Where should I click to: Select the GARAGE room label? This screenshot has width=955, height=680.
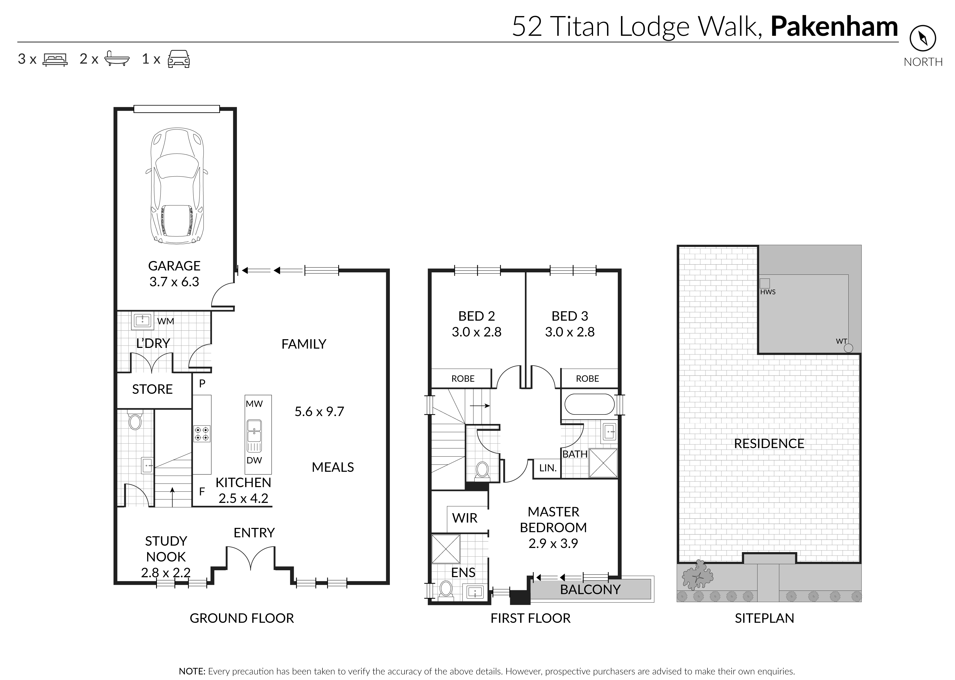(x=174, y=266)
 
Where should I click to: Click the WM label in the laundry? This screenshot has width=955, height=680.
(x=166, y=321)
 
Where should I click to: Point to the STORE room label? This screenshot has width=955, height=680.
(x=152, y=389)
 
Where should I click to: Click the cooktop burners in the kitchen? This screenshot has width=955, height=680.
(x=202, y=433)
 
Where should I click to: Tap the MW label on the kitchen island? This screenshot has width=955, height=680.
(x=254, y=404)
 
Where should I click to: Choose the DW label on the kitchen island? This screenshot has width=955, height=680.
(x=254, y=461)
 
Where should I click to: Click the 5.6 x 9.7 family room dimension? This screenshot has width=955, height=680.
(x=319, y=412)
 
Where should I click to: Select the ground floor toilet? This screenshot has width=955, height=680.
(x=135, y=420)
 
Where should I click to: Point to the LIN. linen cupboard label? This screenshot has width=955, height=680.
(x=548, y=468)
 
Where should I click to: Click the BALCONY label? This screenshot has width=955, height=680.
(x=590, y=589)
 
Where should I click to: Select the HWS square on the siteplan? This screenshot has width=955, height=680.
(x=765, y=283)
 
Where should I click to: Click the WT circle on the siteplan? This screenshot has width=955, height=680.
(x=848, y=348)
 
